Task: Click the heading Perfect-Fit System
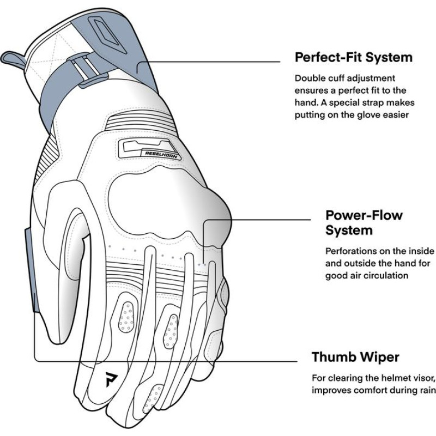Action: pyautogui.click(x=353, y=57)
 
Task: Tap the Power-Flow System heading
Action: pyautogui.click(x=364, y=222)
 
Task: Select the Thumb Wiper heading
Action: pyautogui.click(x=355, y=358)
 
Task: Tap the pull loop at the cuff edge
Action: pyautogui.click(x=12, y=59)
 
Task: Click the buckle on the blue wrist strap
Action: pyautogui.click(x=82, y=71)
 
